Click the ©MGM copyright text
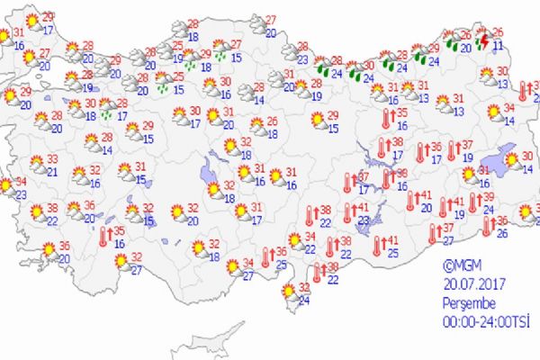pos(460,265)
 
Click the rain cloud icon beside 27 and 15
pos(220,49)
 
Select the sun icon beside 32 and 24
pos(289,292)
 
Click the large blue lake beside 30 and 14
pos(506,158)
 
